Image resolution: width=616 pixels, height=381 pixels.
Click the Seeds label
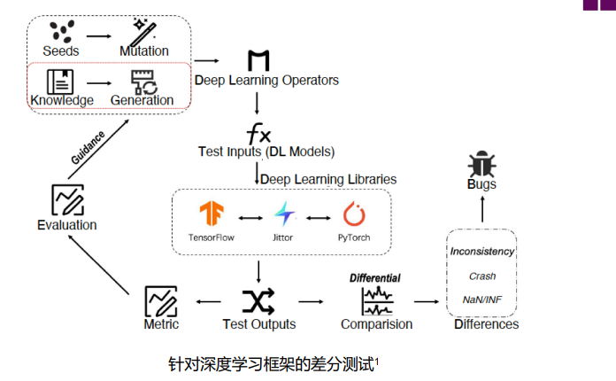tap(61, 51)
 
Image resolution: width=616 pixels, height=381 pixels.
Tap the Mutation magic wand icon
tap(144, 31)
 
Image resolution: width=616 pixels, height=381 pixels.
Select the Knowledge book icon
tap(61, 81)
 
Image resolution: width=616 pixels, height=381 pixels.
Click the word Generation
tap(142, 100)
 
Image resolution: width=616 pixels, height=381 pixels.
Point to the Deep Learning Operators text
tap(266, 81)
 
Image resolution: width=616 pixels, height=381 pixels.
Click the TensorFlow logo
tap(212, 215)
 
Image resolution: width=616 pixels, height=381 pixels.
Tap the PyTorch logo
tap(354, 215)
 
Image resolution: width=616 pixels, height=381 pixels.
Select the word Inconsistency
tap(482, 252)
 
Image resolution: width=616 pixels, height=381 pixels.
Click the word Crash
tap(482, 276)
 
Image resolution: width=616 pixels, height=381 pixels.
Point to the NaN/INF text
tap(482, 299)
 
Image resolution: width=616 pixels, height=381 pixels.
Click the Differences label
tap(486, 324)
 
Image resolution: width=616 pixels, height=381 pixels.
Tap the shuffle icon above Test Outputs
tap(258, 301)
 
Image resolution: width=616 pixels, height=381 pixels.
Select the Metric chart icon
tap(161, 301)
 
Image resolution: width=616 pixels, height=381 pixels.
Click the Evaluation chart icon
tap(67, 199)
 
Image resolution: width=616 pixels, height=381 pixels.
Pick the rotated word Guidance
tap(89, 147)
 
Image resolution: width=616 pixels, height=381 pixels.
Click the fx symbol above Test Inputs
tap(258, 135)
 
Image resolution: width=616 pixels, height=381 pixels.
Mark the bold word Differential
tap(375, 278)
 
